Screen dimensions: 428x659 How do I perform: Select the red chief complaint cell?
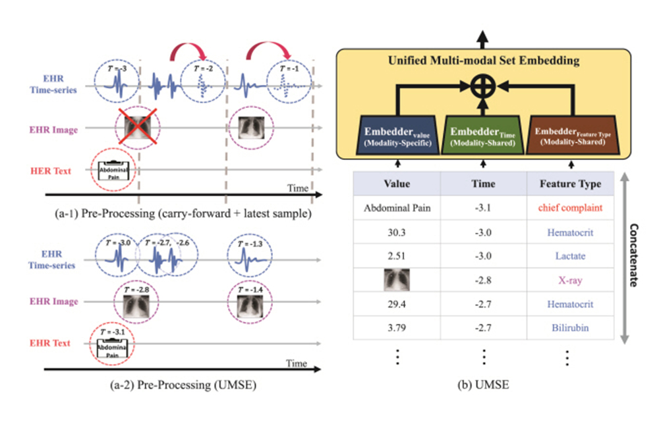click(570, 209)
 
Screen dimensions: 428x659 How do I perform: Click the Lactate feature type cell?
click(570, 256)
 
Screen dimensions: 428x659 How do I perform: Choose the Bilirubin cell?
click(570, 328)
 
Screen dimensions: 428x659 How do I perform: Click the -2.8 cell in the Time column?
click(483, 281)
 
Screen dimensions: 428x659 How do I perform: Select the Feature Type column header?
click(570, 184)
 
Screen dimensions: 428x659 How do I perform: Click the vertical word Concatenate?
click(634, 257)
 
